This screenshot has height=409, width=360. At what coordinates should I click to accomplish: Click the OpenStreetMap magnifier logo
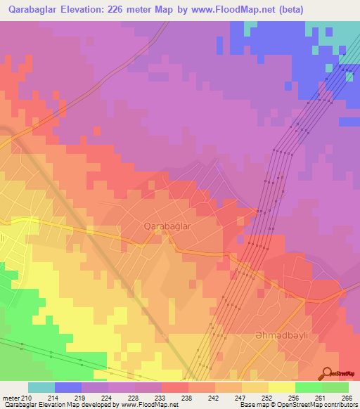click(328, 374)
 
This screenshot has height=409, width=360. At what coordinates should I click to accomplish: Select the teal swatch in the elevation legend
click(41, 387)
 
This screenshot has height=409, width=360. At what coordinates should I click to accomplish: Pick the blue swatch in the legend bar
click(68, 387)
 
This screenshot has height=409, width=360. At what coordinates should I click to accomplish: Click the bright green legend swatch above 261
click(308, 387)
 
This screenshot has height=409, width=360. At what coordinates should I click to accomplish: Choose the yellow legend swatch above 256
click(281, 387)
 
